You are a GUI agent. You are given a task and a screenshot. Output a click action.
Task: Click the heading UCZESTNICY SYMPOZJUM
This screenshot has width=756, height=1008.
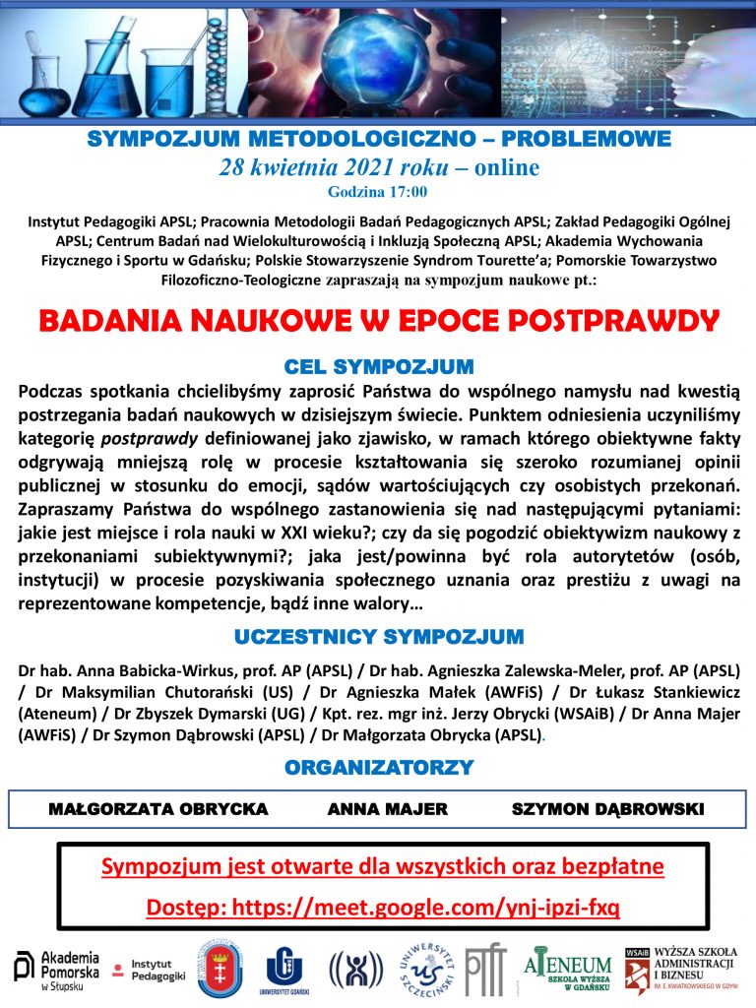pos(378,636)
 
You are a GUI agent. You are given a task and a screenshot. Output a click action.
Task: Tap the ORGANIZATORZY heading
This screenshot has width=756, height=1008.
pos(378,767)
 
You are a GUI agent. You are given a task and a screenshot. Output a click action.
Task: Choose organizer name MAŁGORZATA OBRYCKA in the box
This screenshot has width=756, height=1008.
pos(157,809)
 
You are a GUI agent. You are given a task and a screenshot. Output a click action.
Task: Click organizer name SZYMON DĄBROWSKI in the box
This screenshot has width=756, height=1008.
pos(607,809)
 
